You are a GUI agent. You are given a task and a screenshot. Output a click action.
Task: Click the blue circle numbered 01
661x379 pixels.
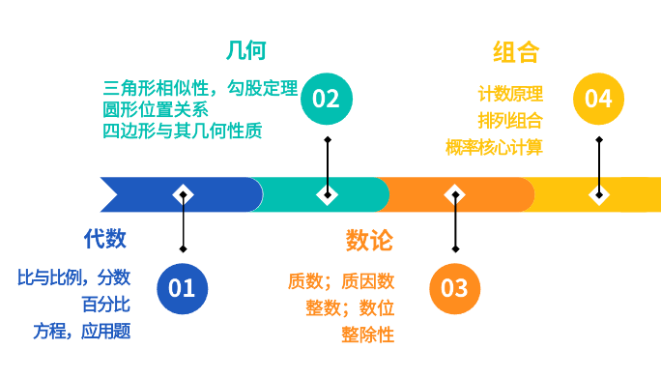tap(182, 288)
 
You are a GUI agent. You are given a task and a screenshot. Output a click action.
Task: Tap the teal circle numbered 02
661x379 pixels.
tap(327, 100)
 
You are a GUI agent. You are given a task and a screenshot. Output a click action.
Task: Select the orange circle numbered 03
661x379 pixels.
tap(455, 288)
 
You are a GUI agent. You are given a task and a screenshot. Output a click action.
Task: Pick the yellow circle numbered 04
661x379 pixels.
tap(599, 100)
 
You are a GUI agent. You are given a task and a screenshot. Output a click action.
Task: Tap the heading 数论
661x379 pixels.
tap(369, 239)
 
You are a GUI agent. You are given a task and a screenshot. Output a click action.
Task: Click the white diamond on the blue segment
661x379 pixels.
tap(183, 194)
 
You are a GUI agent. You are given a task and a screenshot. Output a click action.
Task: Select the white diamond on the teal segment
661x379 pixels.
tap(328, 194)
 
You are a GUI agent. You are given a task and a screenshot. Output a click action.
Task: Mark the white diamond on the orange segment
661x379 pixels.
tap(455, 194)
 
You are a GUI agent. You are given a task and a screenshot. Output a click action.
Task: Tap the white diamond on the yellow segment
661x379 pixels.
tap(599, 194)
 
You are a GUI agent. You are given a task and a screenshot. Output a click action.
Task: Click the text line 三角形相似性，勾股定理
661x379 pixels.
tap(200, 87)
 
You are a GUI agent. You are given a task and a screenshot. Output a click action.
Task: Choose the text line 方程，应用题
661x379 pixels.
tap(81, 331)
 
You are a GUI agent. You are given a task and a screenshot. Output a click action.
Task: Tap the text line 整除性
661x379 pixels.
tap(367, 335)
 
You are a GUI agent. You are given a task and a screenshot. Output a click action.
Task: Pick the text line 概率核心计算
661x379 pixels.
tap(494, 147)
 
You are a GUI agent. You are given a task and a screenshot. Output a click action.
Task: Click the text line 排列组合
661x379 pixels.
tap(509, 121)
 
